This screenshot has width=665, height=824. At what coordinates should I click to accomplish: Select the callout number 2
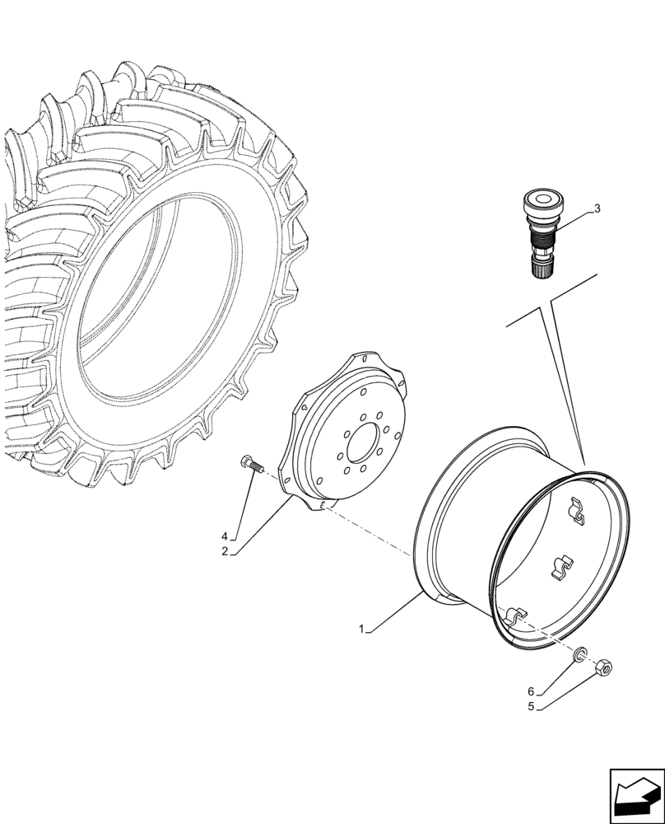224,551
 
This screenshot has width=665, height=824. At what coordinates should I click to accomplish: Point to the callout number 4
224,536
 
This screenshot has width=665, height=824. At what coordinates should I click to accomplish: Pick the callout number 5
531,706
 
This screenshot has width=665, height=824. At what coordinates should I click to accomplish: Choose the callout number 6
531,691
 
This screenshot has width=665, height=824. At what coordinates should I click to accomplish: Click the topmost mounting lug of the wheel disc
360,359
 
